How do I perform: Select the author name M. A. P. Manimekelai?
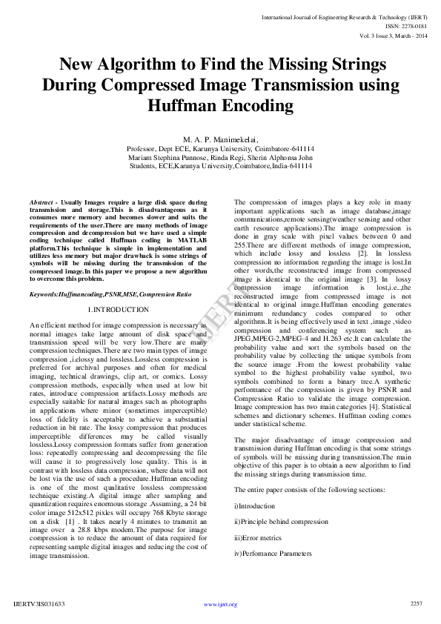(220, 139)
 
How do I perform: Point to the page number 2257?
(416, 603)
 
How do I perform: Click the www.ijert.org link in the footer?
(220, 604)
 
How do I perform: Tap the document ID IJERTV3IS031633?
(39, 604)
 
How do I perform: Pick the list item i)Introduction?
(254, 506)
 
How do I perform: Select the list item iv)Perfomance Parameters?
(273, 553)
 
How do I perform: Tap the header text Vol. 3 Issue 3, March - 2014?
(392, 36)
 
